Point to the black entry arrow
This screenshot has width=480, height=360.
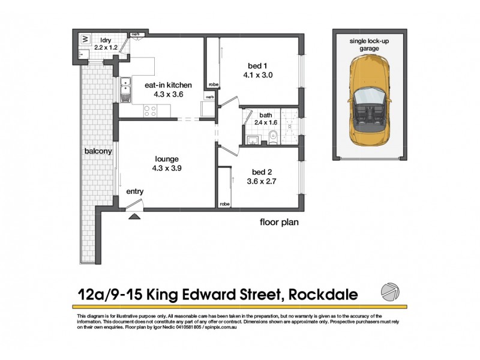click(135, 213)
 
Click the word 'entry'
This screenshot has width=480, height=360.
click(134, 191)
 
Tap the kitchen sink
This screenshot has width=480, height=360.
click(125, 89)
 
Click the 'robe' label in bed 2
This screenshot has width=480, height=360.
click(224, 204)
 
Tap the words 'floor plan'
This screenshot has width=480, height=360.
click(278, 222)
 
